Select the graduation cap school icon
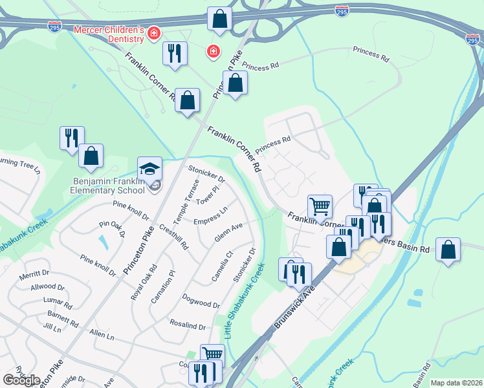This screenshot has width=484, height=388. pos(149,169)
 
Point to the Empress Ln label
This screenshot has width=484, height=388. pos(210,217)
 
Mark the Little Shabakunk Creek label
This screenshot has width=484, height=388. pos(245,301)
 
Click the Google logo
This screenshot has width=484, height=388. pos(21,380)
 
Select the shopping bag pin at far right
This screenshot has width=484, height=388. pos(448,250)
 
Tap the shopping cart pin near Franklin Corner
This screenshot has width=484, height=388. pos(320,207)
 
